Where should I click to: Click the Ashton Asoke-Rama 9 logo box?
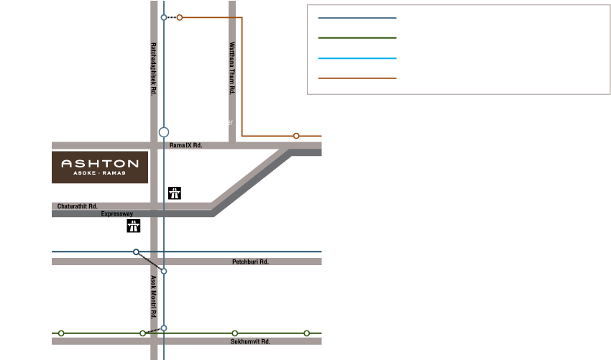pos(100,167)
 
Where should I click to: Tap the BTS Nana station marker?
pos(61,333)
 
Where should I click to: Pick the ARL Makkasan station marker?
pos(136,251)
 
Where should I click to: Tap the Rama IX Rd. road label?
pos(186,145)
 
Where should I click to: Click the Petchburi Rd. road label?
pos(251,262)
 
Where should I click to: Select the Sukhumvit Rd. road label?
pos(250,342)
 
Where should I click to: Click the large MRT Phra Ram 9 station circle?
pos(164,132)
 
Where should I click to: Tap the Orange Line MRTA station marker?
pos(296,135)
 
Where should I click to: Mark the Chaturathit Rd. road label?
pos(77,206)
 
